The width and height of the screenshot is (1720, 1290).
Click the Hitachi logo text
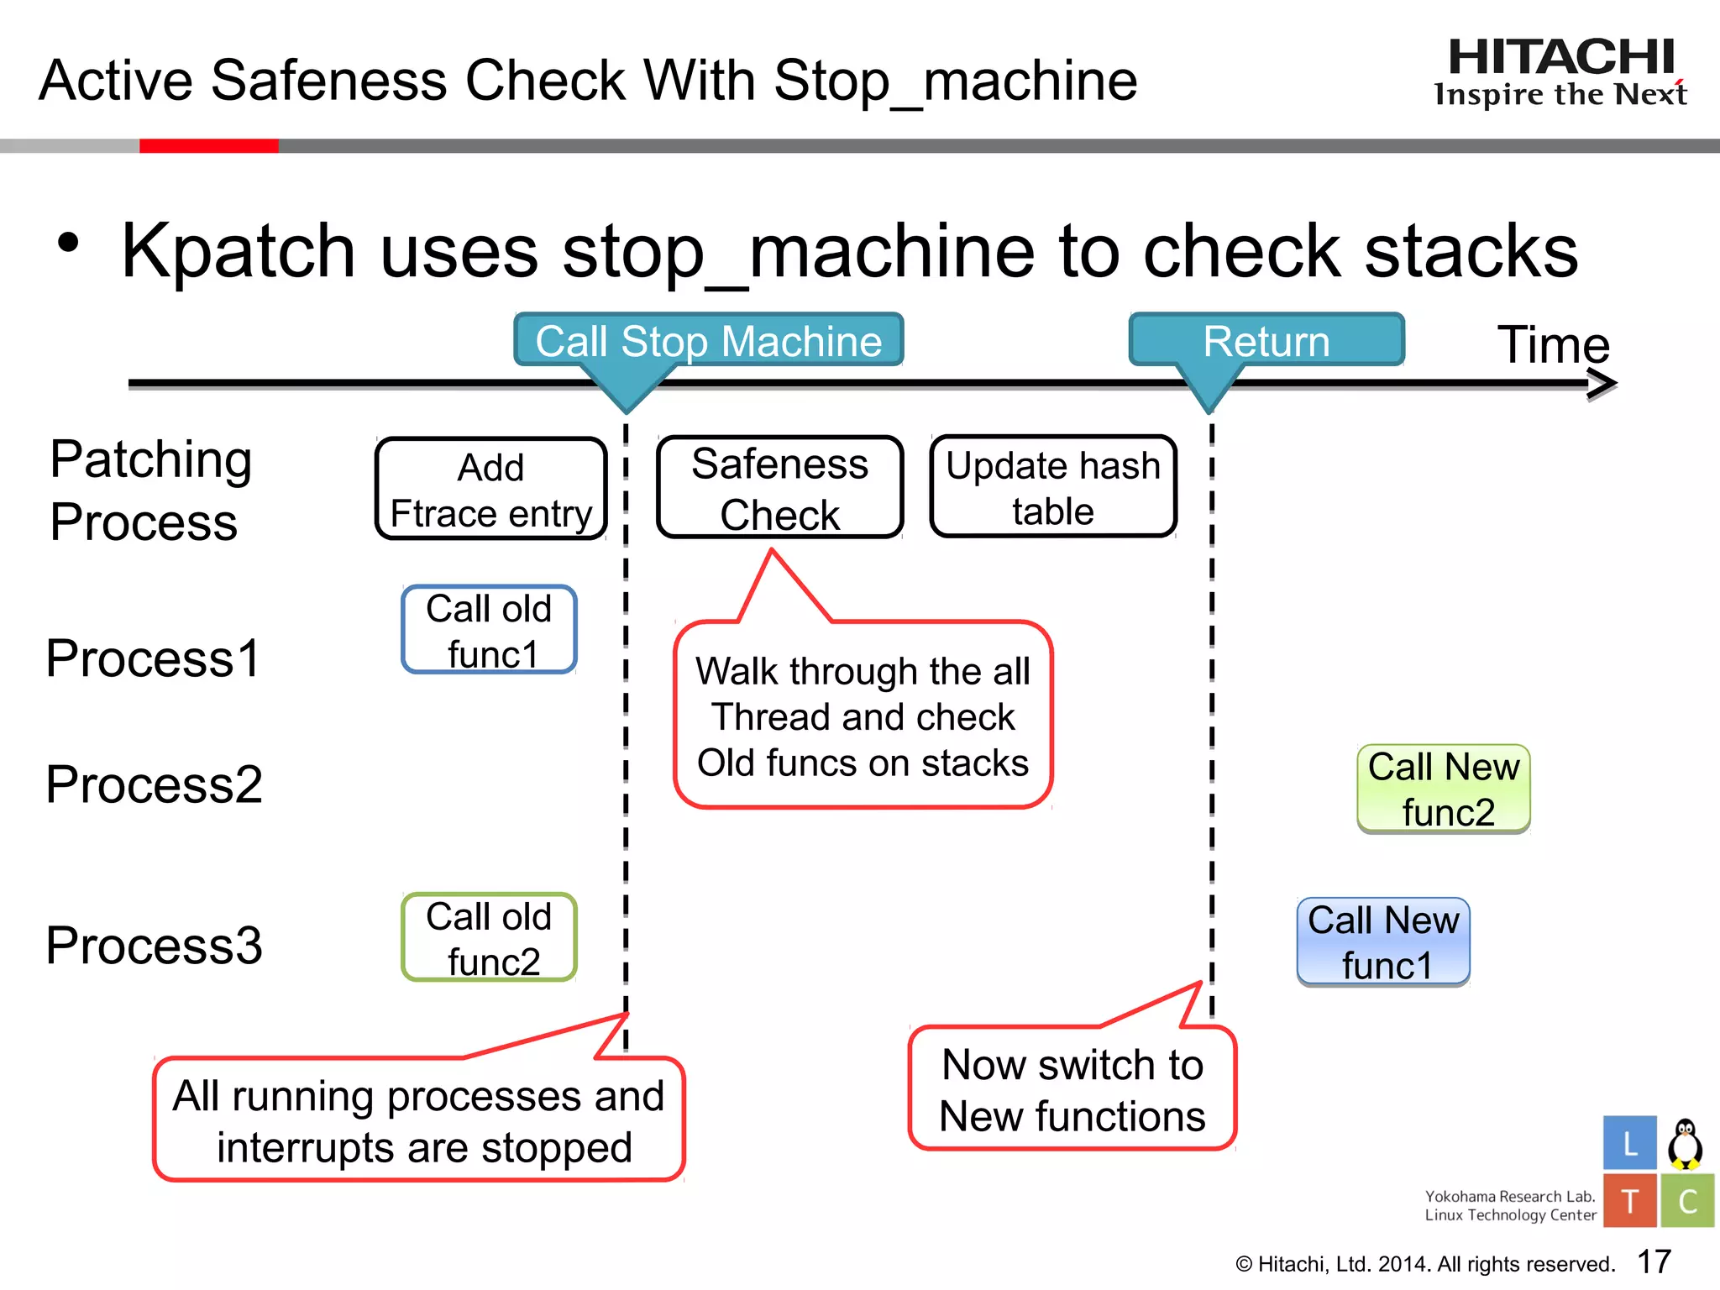click(1560, 59)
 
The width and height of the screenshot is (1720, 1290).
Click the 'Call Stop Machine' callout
click(708, 341)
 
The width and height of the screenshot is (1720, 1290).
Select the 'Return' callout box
click(1266, 341)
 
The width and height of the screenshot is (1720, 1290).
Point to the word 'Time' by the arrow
click(1553, 344)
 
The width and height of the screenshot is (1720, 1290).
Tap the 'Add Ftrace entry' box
click(491, 489)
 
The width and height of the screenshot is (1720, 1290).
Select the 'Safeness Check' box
click(779, 488)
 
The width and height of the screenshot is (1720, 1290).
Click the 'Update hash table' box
click(1053, 487)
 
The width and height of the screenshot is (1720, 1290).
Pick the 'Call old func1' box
click(490, 631)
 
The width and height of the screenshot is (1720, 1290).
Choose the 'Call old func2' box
click(490, 938)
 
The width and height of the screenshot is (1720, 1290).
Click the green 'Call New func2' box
click(1444, 789)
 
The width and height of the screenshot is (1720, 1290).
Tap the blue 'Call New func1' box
click(1383, 942)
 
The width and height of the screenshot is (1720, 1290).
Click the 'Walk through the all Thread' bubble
click(863, 716)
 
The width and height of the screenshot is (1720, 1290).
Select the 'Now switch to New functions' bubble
click(1072, 1089)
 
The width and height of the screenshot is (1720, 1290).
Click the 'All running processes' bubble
click(418, 1120)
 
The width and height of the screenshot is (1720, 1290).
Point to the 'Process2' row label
click(154, 784)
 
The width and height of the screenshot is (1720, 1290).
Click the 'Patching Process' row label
click(150, 490)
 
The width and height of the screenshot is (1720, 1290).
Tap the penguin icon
click(1685, 1144)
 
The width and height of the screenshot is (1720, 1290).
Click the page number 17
click(1654, 1261)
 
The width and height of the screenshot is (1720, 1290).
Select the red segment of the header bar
click(208, 146)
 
